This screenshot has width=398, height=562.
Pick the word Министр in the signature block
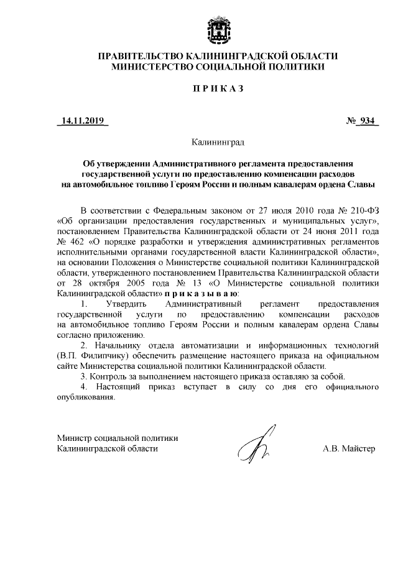tap(72, 437)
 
